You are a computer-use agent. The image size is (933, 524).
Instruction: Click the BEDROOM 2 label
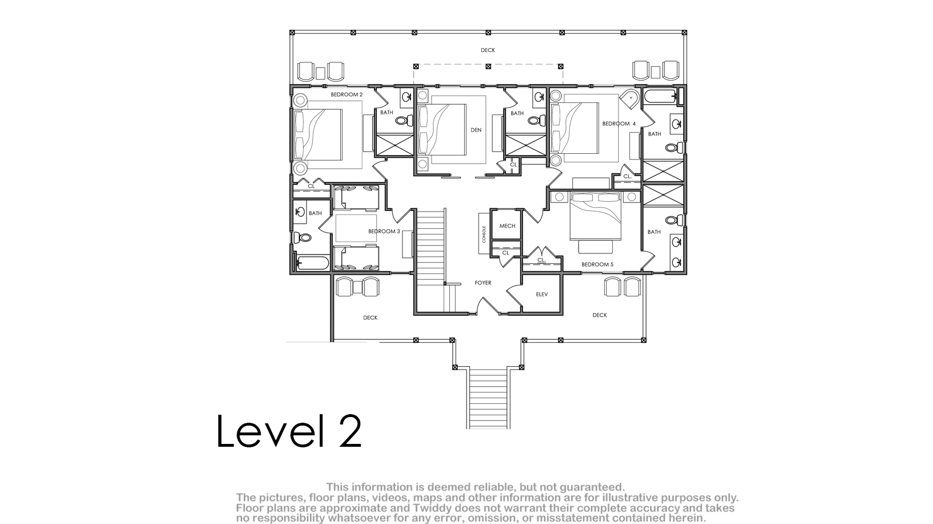(x=346, y=94)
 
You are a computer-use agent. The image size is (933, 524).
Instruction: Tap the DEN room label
(x=476, y=130)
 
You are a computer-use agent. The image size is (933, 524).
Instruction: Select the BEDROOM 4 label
(x=619, y=124)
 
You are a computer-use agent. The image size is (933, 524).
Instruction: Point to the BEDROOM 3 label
(x=384, y=231)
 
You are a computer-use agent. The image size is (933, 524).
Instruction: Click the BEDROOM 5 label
(x=597, y=264)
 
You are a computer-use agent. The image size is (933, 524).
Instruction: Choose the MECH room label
(x=507, y=226)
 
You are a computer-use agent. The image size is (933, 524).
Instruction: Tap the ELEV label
(x=542, y=294)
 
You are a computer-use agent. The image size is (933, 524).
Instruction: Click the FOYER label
(x=483, y=283)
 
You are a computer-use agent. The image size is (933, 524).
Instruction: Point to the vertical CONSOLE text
(x=484, y=235)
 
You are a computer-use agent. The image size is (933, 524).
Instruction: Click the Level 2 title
(x=289, y=431)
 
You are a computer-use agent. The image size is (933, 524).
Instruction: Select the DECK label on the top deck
(x=488, y=50)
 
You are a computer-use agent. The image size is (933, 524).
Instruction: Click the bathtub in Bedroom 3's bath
(x=312, y=263)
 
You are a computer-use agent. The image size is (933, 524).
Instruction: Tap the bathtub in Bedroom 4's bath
(x=660, y=97)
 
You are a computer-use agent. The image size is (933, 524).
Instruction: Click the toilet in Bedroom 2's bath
(x=404, y=121)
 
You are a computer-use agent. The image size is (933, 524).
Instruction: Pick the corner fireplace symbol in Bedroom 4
(x=630, y=99)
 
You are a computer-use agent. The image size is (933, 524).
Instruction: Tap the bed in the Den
(x=442, y=130)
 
